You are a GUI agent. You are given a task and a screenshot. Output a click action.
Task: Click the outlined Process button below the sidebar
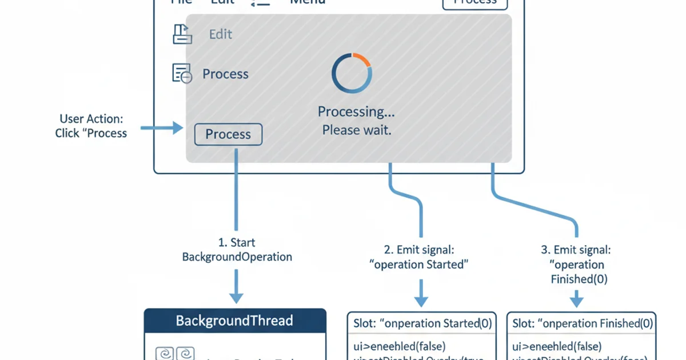click(228, 134)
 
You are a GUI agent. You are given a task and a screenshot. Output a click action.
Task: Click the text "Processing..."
click(356, 111)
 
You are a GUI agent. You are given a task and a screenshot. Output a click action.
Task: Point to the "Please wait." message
click(356, 130)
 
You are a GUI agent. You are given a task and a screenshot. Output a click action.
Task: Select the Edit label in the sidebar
click(220, 34)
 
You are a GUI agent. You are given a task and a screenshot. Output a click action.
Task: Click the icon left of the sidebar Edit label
click(182, 34)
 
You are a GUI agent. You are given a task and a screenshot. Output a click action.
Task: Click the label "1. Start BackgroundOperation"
click(237, 250)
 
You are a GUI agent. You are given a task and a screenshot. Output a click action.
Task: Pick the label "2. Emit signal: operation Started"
click(419, 257)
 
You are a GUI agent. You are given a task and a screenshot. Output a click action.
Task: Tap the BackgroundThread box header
click(234, 321)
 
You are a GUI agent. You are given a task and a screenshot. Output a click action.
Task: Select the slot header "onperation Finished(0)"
click(582, 323)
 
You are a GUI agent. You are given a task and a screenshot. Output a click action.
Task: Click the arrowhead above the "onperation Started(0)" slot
click(421, 301)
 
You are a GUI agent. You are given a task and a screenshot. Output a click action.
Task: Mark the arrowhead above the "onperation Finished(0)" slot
click(576, 301)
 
